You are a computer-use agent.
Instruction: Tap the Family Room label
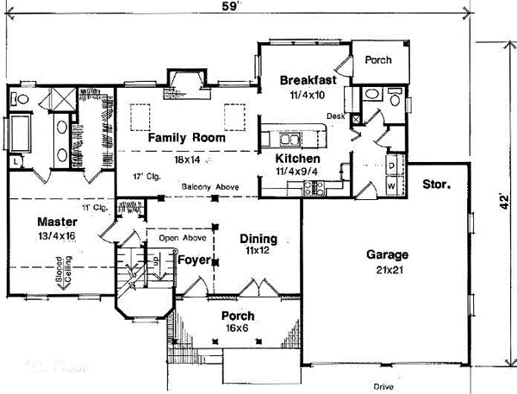(186, 138)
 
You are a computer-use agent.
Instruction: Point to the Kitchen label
(298, 159)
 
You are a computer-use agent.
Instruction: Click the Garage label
(387, 255)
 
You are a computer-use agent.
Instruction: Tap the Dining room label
(258, 239)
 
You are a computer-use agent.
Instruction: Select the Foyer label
(194, 260)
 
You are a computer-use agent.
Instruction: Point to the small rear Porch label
(378, 60)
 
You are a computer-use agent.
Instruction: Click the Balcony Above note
(210, 187)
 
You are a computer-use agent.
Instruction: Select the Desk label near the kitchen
(336, 115)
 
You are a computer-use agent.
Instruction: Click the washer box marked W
(390, 184)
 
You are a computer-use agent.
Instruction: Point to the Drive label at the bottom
(383, 385)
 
